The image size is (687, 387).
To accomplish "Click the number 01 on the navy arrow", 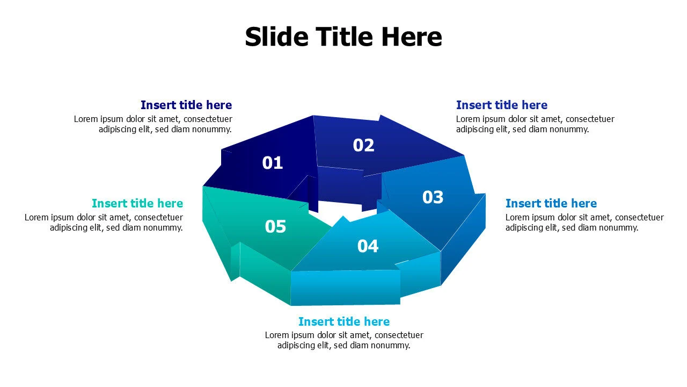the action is pyautogui.click(x=272, y=163).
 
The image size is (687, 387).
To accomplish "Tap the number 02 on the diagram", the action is pyautogui.click(x=363, y=145).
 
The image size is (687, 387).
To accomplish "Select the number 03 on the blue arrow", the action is pyautogui.click(x=433, y=197).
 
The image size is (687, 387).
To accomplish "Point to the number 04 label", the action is pyautogui.click(x=368, y=246).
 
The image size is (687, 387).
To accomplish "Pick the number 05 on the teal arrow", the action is pyautogui.click(x=275, y=227).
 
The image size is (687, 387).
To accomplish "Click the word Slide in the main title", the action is pyautogui.click(x=276, y=37).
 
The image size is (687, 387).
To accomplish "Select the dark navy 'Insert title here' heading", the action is pyautogui.click(x=186, y=105).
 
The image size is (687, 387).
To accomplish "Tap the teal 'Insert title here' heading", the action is pyautogui.click(x=137, y=203).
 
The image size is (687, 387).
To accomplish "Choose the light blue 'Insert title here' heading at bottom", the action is pyautogui.click(x=344, y=321).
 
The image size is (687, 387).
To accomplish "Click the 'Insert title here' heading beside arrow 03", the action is pyautogui.click(x=551, y=203).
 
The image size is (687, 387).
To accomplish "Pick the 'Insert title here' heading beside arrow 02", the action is pyautogui.click(x=502, y=105).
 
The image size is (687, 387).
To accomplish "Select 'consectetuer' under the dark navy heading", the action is pyautogui.click(x=208, y=119).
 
